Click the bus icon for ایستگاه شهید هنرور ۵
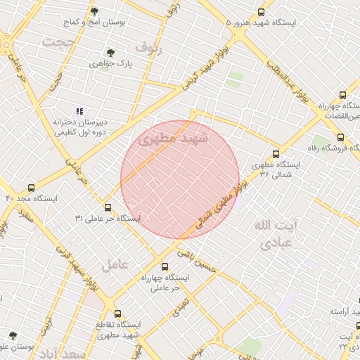[262, 12]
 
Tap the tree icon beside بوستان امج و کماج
[95, 12]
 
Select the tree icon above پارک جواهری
[110, 52]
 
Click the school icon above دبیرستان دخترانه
[79, 111]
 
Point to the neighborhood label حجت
[58, 42]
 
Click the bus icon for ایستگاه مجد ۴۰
[30, 188]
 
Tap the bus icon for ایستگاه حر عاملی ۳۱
[108, 207]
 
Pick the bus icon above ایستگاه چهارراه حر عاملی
[165, 266]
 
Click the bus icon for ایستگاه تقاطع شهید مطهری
[117, 314]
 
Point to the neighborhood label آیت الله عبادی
[278, 234]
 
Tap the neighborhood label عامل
[114, 265]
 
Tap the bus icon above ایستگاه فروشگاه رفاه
[340, 137]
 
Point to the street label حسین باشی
[195, 258]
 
